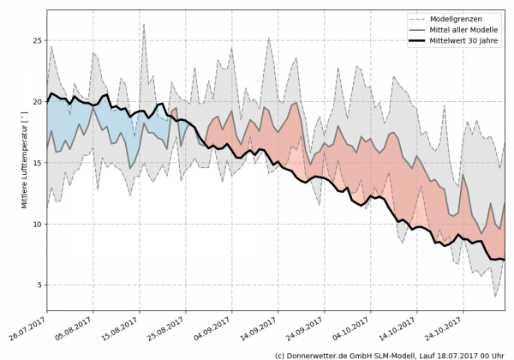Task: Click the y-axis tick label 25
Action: point(37,40)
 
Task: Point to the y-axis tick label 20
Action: point(37,101)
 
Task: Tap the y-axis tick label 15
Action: point(37,163)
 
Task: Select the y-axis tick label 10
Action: point(37,224)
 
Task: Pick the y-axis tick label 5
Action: point(39,285)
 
